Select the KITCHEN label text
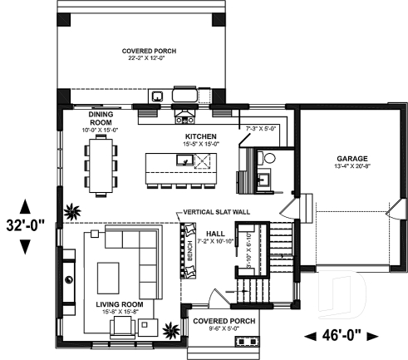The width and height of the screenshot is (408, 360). point(202,136)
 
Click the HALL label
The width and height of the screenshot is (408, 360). point(215,233)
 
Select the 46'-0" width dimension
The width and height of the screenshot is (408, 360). point(341,336)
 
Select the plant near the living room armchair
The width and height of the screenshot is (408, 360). point(171,329)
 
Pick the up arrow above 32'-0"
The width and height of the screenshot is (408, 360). point(26,205)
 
